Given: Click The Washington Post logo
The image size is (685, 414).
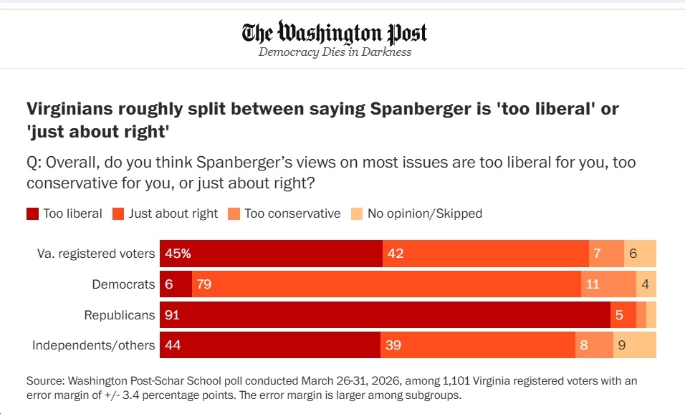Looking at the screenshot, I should click(x=335, y=33).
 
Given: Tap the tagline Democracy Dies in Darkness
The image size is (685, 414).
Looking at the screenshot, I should click(x=335, y=52).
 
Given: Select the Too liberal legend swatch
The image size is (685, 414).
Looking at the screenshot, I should click(x=33, y=213).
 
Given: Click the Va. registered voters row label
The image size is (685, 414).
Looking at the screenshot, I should click(x=96, y=254).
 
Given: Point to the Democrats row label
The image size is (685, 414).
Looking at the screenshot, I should click(x=123, y=284).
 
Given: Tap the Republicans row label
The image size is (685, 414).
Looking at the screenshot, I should click(x=119, y=314).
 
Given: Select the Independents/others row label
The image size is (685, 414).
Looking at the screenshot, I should click(x=93, y=345).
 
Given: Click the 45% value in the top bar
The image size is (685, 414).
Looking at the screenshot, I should click(x=178, y=254).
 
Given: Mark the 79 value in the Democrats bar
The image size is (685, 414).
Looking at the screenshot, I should click(x=204, y=284).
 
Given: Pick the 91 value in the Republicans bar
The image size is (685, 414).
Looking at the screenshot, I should click(x=173, y=315).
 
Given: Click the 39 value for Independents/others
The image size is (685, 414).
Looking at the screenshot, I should click(x=393, y=345).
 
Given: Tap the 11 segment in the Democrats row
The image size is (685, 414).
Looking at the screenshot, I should click(x=593, y=284).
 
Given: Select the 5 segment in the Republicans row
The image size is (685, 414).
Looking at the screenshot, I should click(x=618, y=315).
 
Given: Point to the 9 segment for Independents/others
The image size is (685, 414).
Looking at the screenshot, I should click(x=622, y=345).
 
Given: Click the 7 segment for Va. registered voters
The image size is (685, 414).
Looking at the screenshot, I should click(x=597, y=254).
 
